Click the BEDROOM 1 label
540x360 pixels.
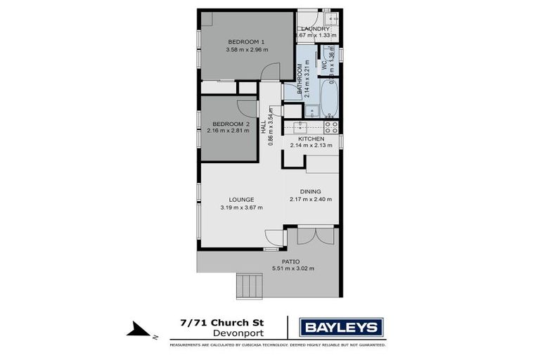[x=245, y=41]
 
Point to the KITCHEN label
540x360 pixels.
[x=310, y=139]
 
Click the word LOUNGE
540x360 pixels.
[x=241, y=199]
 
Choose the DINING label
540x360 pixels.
[x=310, y=191]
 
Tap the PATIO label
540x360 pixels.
[x=291, y=262]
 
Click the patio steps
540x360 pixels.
[x=248, y=285]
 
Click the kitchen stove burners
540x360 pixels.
[x=331, y=127]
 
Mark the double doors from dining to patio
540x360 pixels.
[x=314, y=236]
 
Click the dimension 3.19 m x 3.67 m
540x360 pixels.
[x=241, y=207]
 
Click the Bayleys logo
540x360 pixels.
[x=341, y=327]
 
